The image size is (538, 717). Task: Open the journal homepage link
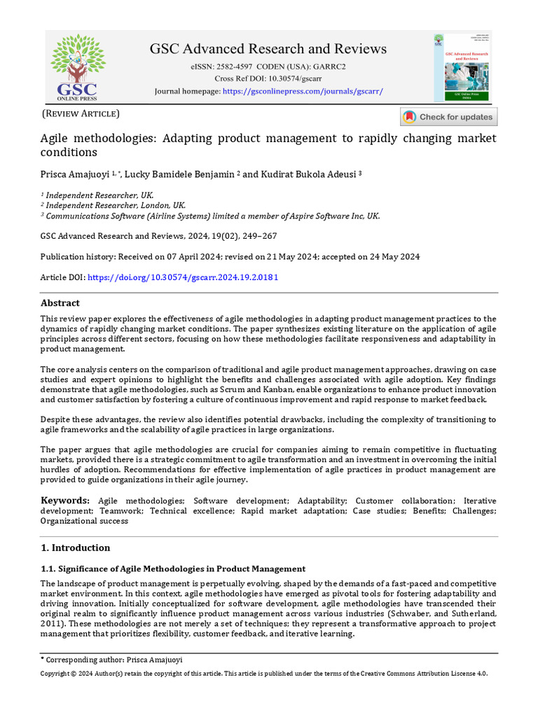[303, 92]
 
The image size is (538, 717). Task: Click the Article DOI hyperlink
[181, 277]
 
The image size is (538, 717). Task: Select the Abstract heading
[60, 303]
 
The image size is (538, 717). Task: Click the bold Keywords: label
[65, 501]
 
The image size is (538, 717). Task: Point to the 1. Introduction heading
[75, 548]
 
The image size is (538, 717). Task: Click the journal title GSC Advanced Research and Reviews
[268, 49]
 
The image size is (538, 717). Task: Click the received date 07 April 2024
[187, 257]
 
